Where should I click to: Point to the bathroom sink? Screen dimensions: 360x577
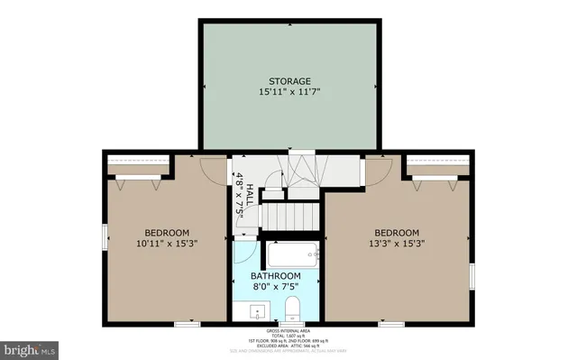[256, 313]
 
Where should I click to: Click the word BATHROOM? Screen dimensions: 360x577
[275, 275]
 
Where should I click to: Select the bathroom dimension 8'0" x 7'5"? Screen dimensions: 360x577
[275, 287]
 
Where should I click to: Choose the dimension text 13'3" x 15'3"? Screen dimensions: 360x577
[397, 243]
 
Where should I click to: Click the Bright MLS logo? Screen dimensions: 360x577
[30, 346]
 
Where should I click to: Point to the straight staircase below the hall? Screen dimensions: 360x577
[290, 217]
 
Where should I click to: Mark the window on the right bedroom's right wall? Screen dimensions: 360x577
[472, 274]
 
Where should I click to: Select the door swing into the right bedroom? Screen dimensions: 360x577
[376, 169]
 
